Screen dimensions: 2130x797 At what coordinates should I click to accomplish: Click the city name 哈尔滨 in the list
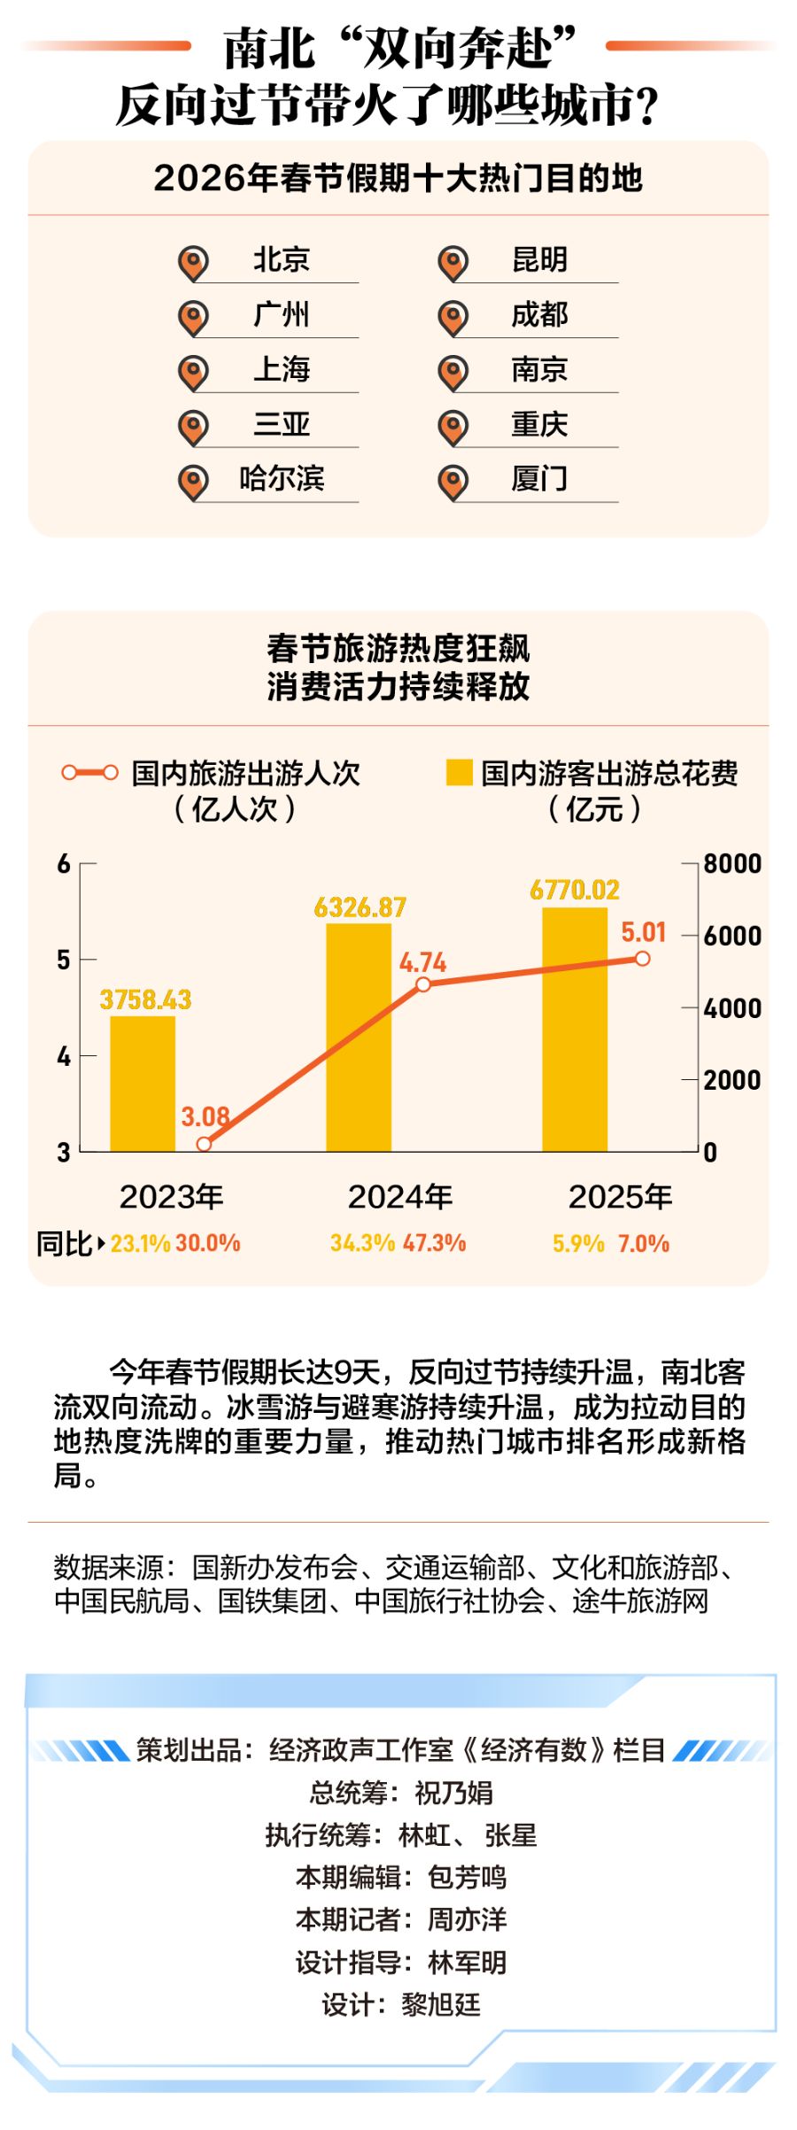[282, 478]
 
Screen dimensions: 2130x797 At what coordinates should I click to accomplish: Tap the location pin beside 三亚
[193, 427]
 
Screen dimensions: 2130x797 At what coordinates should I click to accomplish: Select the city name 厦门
[538, 478]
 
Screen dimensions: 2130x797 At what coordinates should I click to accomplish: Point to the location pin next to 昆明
[453, 262]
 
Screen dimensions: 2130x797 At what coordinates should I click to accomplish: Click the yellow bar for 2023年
[143, 1084]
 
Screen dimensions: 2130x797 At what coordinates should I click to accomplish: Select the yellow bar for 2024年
[359, 1038]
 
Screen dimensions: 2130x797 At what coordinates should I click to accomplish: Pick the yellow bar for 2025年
[575, 1030]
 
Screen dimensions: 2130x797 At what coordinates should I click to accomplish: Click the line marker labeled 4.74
[423, 984]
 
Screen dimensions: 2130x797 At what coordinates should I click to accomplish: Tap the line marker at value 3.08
[204, 1144]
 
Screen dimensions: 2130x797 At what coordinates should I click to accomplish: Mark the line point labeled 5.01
[643, 959]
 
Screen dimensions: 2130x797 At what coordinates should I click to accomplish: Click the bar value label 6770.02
[575, 890]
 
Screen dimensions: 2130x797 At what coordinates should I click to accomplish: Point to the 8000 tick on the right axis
[732, 863]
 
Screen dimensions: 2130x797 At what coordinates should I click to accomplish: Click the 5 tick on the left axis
[64, 960]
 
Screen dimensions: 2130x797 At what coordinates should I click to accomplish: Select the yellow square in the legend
[459, 772]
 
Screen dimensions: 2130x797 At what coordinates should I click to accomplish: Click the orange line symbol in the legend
[89, 773]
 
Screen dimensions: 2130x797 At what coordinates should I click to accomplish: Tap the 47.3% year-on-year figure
[434, 1243]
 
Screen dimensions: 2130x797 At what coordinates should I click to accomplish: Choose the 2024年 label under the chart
[399, 1197]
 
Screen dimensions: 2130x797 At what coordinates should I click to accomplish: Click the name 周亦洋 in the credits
[467, 1919]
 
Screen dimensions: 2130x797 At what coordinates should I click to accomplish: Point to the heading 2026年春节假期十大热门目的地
[398, 178]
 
